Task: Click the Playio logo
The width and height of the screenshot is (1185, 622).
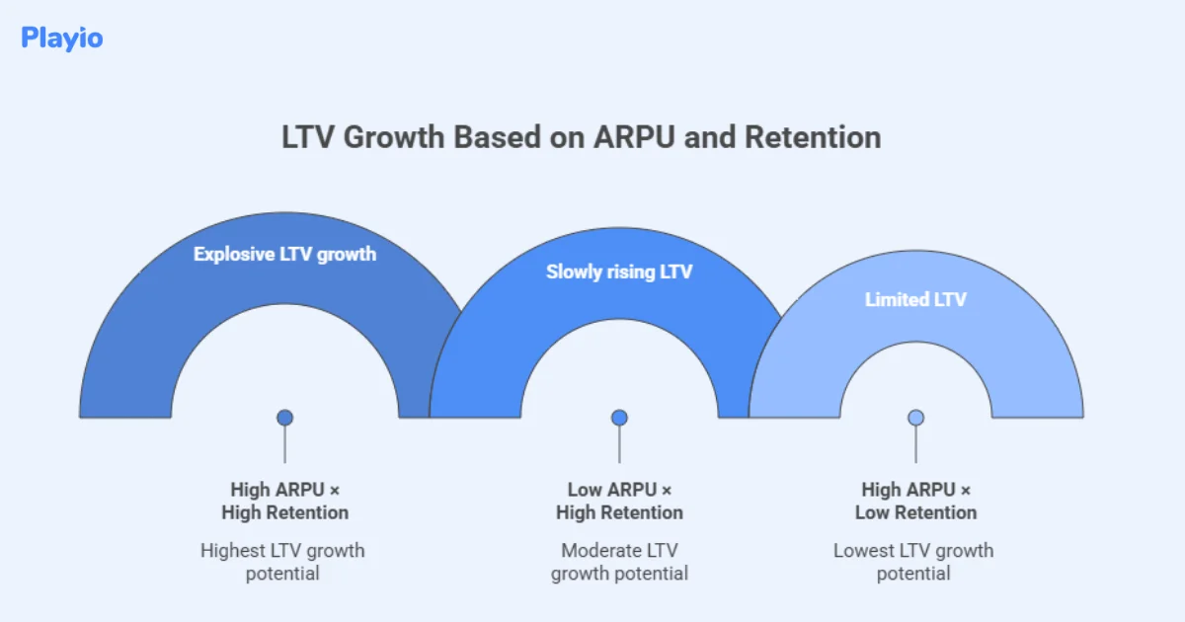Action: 61,39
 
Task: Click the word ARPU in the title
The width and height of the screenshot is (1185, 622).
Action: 634,137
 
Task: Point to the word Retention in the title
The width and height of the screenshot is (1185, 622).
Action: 813,137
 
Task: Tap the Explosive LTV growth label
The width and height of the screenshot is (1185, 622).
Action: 284,254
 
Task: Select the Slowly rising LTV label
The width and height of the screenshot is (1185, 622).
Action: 619,272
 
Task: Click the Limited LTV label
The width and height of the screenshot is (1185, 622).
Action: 915,299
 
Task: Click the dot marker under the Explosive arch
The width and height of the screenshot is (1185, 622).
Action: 285,418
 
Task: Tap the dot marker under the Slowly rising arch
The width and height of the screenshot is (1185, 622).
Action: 619,418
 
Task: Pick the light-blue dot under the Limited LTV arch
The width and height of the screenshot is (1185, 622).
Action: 915,418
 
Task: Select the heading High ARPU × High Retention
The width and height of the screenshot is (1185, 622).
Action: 284,501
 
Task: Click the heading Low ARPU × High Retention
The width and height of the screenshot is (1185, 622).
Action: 619,501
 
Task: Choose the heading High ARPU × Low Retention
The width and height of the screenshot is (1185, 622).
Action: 915,501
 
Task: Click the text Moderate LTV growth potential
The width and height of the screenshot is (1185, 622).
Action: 619,562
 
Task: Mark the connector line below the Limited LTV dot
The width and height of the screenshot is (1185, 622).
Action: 915,446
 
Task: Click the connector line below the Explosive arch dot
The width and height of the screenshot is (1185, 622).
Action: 285,446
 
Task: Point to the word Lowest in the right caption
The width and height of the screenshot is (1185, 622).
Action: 864,551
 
